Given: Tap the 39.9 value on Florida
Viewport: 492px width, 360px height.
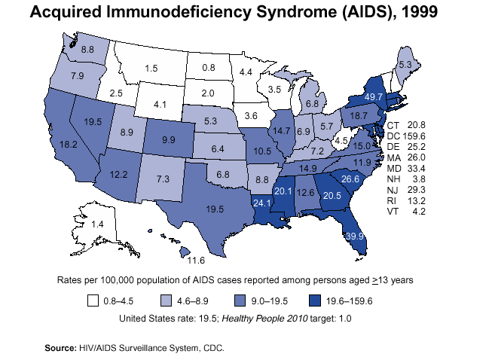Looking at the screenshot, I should point(355,236).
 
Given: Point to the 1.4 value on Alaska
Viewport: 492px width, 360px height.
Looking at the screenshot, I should point(97,224).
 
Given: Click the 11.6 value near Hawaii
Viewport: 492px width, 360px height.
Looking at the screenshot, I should point(196,261).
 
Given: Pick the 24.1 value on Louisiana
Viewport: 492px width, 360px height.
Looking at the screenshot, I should point(261,203).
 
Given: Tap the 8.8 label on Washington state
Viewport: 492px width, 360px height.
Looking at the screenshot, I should point(87,49).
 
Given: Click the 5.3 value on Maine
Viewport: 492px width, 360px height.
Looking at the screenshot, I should point(405,66).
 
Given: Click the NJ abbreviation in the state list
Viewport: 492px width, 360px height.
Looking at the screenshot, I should point(393,190).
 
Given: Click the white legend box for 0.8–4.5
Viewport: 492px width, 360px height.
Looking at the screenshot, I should point(92,301).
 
